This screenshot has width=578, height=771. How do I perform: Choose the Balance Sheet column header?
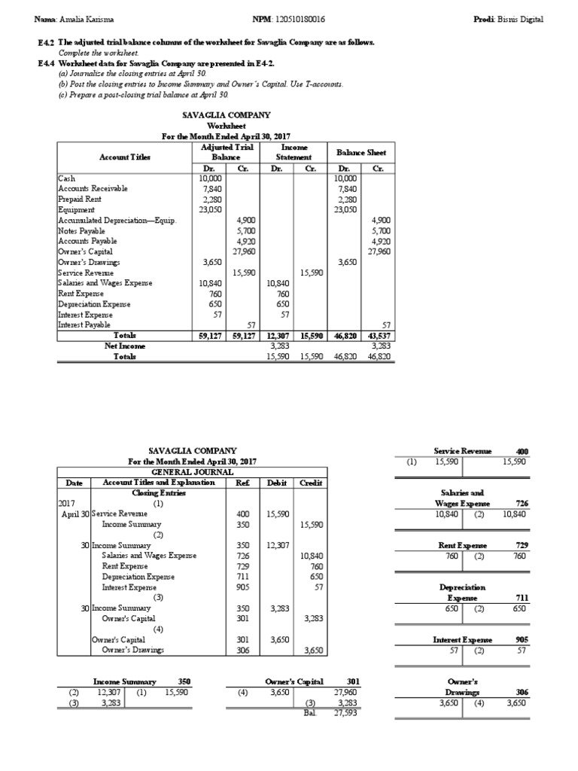[x=361, y=152]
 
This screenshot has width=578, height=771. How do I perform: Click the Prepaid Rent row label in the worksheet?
[x=79, y=199]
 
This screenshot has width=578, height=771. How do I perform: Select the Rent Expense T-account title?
[x=462, y=545]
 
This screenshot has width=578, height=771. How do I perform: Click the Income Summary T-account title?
[x=124, y=681]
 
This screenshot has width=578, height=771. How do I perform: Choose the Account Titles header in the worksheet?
[x=124, y=157]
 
